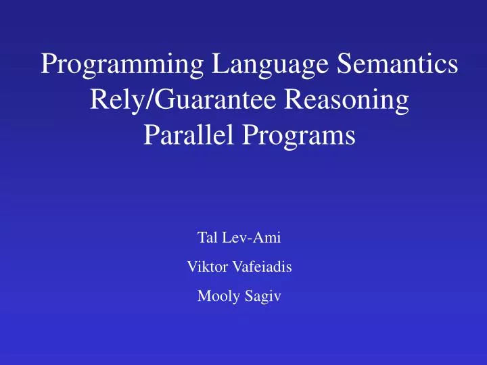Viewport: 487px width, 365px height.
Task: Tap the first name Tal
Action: click(x=206, y=237)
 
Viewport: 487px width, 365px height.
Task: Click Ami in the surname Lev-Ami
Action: click(x=260, y=237)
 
